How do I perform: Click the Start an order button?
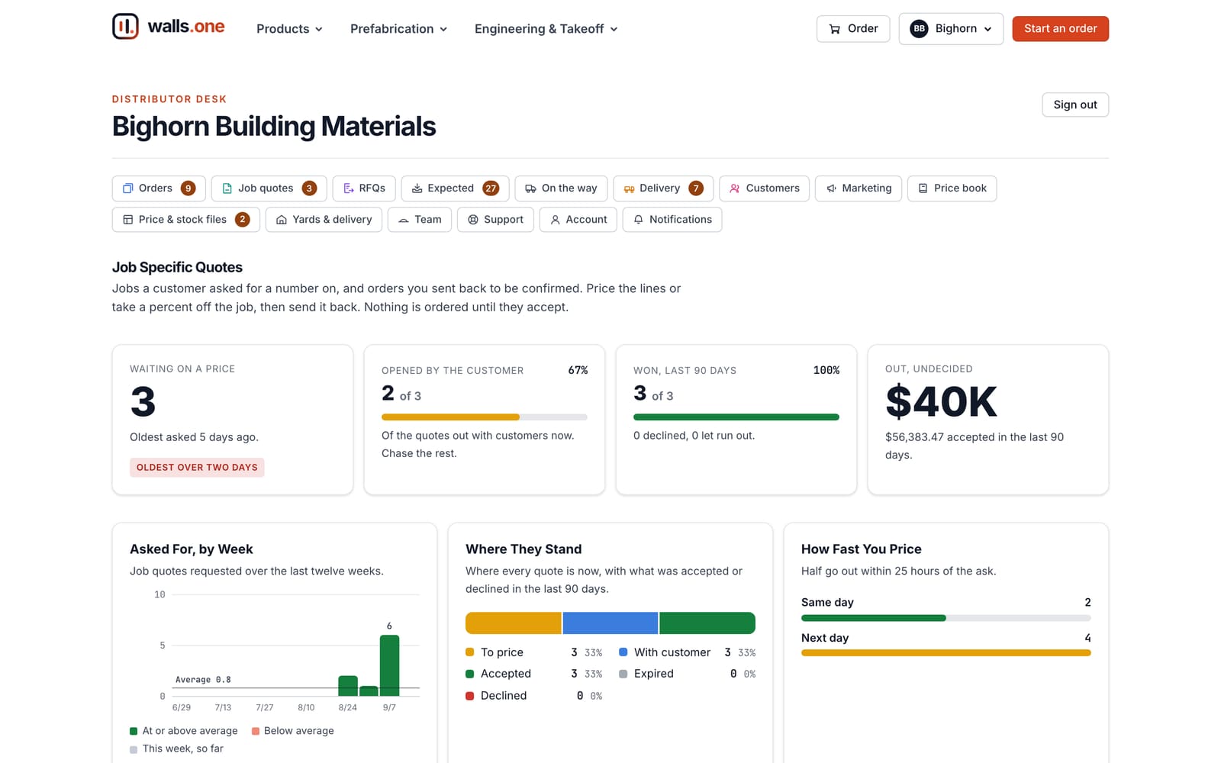tap(1060, 28)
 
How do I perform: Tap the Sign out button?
tap(1075, 105)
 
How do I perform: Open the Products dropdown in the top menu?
tap(289, 29)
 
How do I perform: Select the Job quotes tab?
tap(269, 188)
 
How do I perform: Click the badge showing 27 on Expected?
tap(491, 188)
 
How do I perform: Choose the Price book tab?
tap(952, 188)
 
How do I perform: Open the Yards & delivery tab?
tap(324, 219)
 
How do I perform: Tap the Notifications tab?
tap(672, 219)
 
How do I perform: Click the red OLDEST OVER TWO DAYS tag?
tap(197, 467)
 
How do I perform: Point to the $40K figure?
tap(941, 401)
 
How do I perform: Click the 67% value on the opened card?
tap(578, 370)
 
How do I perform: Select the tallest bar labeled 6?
tap(389, 665)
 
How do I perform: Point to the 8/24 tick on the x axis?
tap(348, 707)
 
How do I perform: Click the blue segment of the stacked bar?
tap(610, 623)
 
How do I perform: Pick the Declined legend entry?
tap(496, 695)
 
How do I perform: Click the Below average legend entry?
tap(293, 730)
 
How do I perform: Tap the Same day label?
tap(827, 602)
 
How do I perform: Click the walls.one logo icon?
tap(125, 26)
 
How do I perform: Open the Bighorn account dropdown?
tap(951, 28)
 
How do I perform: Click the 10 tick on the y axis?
tap(159, 594)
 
